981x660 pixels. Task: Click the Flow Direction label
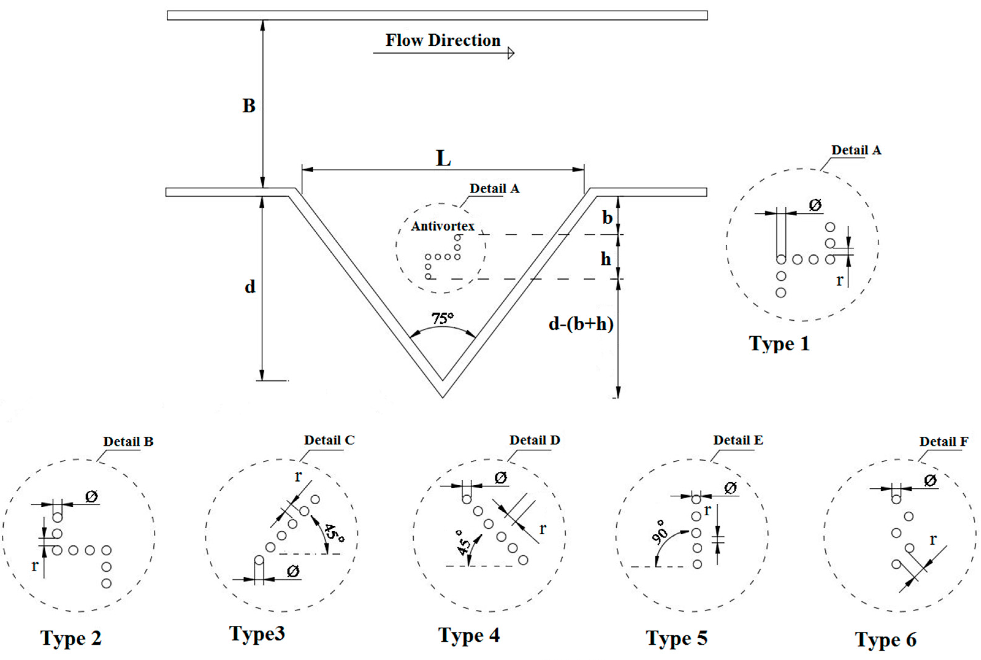[443, 40]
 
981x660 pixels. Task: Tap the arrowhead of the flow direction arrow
[511, 53]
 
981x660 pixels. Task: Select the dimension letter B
[249, 106]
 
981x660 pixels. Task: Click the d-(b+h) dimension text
[581, 324]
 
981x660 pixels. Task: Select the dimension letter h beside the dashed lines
[606, 259]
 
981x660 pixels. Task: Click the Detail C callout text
[329, 440]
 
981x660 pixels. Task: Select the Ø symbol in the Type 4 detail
[500, 478]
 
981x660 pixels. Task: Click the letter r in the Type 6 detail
[933, 539]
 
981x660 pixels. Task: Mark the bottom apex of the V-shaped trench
[442, 396]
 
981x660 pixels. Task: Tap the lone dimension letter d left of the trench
[250, 287]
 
